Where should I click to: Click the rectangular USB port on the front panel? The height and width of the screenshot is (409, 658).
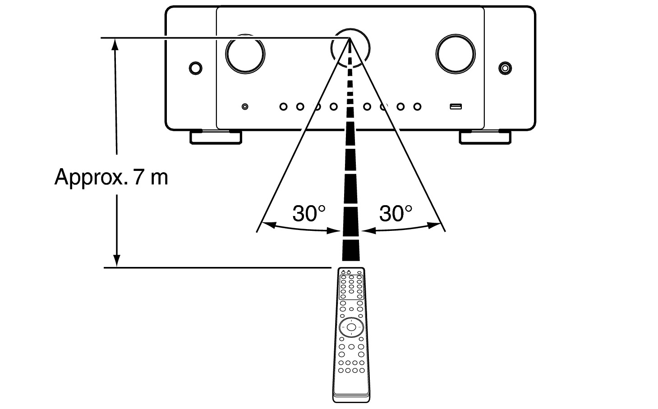click(x=456, y=106)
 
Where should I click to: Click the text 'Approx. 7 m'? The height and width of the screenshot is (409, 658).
click(x=111, y=177)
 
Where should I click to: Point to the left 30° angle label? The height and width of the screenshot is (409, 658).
click(x=309, y=213)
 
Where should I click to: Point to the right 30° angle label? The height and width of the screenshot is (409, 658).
click(x=396, y=213)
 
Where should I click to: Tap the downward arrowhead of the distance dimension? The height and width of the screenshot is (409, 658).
click(x=117, y=261)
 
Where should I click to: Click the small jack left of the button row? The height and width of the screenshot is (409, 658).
click(x=245, y=106)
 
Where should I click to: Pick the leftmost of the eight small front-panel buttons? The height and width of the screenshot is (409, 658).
click(x=283, y=106)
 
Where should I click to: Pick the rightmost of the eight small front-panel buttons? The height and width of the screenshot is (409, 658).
click(x=417, y=106)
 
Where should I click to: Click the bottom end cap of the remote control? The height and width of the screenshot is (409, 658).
click(x=351, y=398)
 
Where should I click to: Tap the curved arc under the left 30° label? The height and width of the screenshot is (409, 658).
click(x=301, y=229)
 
